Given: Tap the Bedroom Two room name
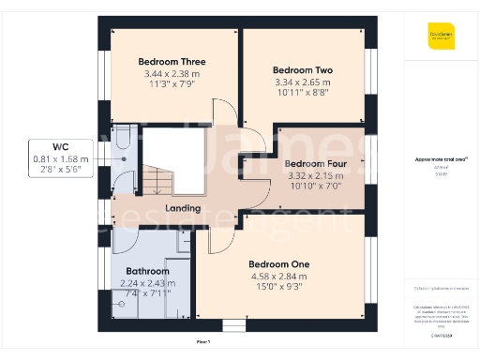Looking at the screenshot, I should pos(303,70).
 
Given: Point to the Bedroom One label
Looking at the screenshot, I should pos(280,263).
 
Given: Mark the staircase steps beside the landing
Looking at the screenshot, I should pos(155,179).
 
